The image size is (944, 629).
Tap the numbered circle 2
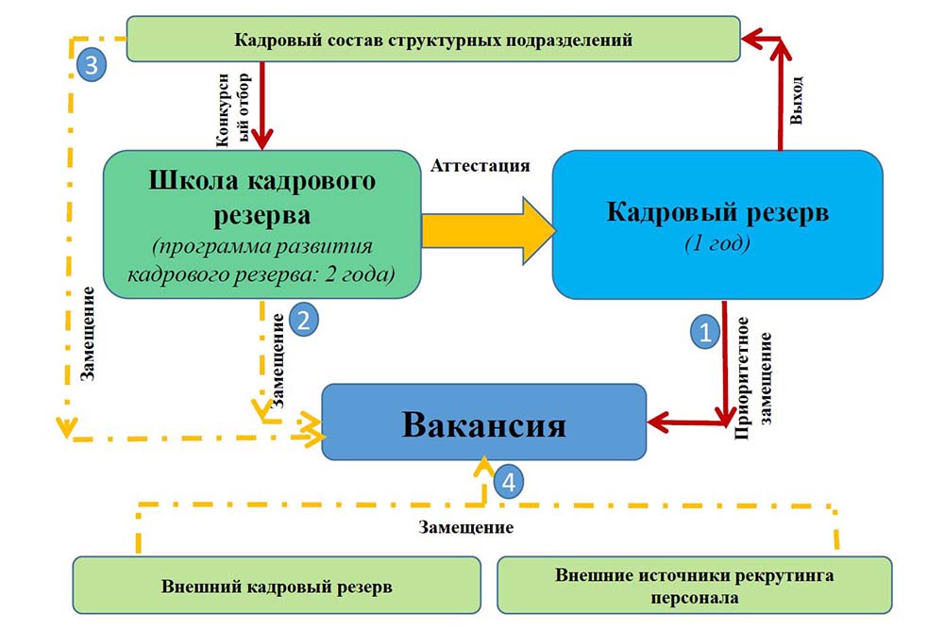(x=303, y=319)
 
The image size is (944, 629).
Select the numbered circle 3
(x=91, y=65)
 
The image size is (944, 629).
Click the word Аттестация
(x=480, y=165)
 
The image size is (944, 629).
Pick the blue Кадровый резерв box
(x=717, y=224)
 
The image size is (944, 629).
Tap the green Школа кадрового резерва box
(x=262, y=224)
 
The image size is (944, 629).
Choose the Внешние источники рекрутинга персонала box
(x=693, y=586)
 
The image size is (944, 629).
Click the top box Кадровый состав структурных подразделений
(x=433, y=40)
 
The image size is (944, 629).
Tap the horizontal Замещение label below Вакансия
(x=466, y=527)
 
